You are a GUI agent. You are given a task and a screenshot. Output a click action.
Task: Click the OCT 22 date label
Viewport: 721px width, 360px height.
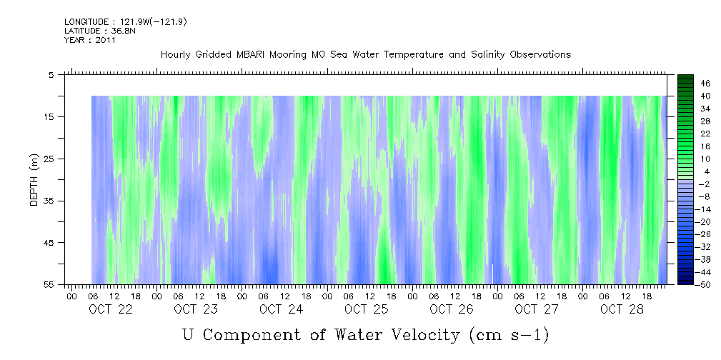coord(110,309)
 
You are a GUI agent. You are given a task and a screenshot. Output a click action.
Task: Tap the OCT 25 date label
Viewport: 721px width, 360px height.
coord(366,309)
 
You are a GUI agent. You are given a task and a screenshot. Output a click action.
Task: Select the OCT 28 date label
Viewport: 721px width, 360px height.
coord(622,309)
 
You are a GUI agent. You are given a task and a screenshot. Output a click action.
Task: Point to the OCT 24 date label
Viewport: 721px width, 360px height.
coord(281,309)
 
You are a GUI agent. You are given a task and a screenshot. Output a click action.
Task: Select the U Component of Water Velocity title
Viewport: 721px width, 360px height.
coord(365,334)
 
